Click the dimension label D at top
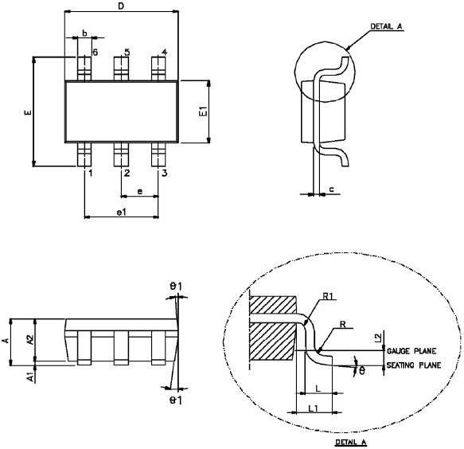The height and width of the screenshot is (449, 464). [120, 6]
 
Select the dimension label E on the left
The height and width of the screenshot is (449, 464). [27, 113]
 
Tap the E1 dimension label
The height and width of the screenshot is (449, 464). [203, 111]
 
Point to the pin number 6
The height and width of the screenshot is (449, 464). [94, 53]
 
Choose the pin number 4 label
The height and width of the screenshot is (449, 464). [164, 53]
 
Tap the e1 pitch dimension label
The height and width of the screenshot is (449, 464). [121, 211]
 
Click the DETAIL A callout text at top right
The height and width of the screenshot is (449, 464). [388, 26]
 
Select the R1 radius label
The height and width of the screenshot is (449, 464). [329, 298]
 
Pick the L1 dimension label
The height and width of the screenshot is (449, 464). [314, 408]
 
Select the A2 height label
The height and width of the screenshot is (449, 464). [29, 339]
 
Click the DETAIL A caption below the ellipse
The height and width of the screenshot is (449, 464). [350, 441]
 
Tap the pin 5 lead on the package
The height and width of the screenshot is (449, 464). [121, 67]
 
